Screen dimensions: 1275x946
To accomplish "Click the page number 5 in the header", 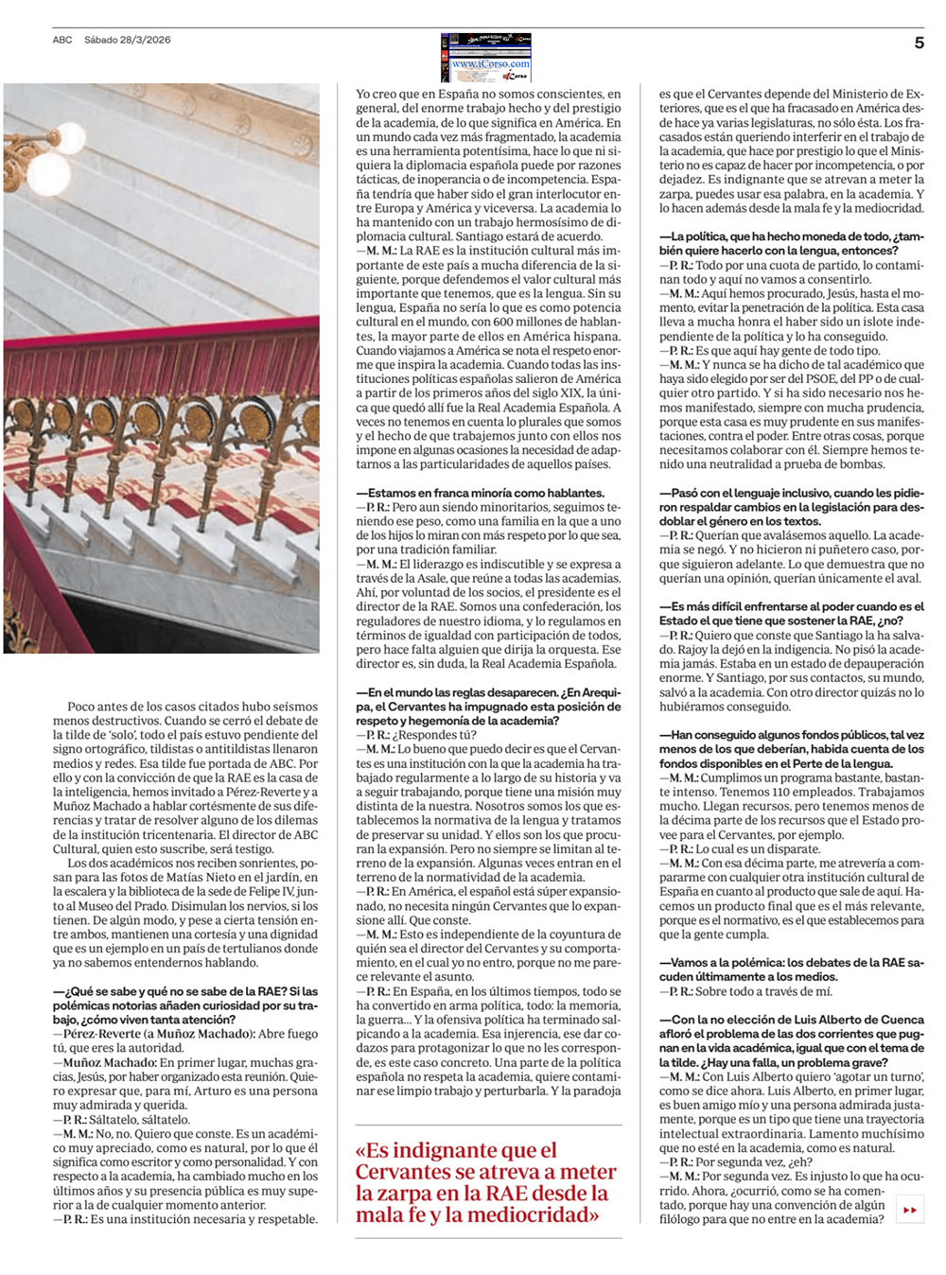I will [919, 43].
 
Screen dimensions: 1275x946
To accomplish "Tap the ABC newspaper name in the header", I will [62, 40].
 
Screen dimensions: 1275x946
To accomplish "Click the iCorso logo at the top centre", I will [486, 58].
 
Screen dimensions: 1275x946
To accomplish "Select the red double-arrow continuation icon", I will [910, 1210].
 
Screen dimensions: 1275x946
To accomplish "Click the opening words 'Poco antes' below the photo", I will [94, 707].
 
